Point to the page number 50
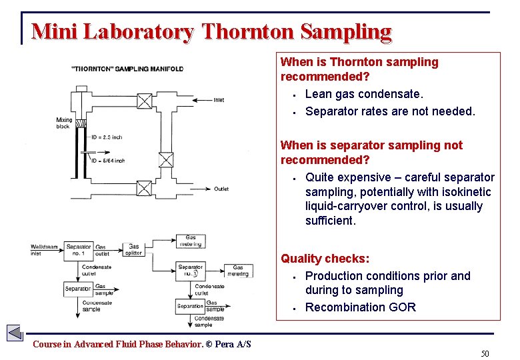485,353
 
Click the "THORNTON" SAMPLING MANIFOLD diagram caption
127,69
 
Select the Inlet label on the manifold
219,101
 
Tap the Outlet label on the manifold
221,189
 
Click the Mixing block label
64,123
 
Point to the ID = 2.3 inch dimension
107,137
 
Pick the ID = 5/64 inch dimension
107,161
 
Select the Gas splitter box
134,250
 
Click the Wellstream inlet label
45,250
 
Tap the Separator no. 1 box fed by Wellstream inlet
79,250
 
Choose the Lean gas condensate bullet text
364,95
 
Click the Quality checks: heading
325,259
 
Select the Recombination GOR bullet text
360,307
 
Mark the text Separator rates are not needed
390,111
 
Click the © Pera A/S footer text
229,344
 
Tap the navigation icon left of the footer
15,332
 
